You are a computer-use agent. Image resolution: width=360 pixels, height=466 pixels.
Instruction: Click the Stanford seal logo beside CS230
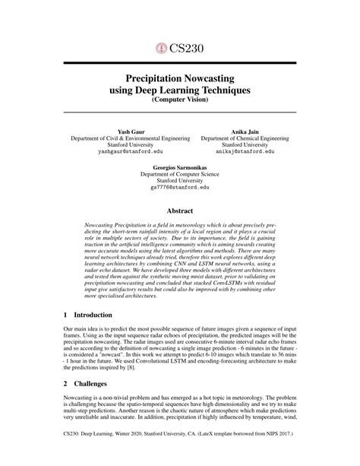160,48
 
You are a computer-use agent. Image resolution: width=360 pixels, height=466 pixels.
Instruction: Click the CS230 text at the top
185,48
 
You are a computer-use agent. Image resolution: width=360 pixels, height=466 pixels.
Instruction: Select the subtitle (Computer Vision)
179,99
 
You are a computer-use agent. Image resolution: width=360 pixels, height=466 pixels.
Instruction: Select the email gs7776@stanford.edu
179,186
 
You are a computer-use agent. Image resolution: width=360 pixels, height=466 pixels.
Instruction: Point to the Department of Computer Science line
179,173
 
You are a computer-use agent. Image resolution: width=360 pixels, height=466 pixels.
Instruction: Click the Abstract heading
179,211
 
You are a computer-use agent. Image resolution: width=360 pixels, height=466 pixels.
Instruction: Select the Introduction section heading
92,314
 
